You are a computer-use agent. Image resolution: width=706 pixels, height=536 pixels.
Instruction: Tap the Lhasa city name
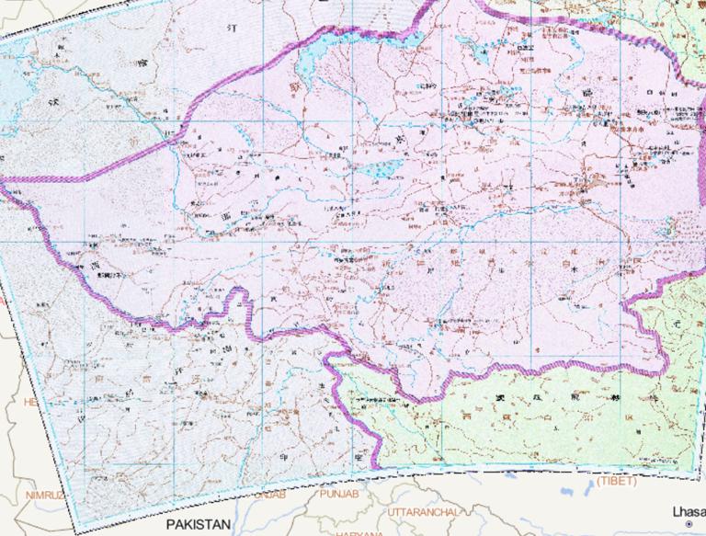click(688, 510)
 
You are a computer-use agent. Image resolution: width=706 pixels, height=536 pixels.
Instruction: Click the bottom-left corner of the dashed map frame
click(76, 530)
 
